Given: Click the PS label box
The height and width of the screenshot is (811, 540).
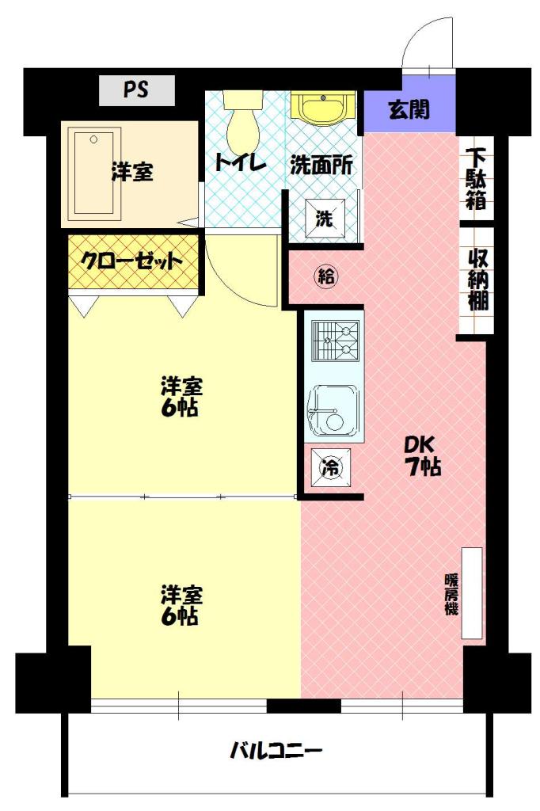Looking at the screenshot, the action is (136, 90).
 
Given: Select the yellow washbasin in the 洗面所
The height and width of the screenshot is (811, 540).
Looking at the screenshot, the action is (323, 108).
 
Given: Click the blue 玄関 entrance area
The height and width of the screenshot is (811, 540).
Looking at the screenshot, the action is (409, 109).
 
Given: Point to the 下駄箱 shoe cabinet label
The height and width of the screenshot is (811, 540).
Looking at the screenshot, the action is (476, 178).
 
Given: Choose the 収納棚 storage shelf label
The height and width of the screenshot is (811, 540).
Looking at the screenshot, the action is (477, 280).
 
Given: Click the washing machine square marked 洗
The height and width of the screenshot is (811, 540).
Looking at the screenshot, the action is (325, 219).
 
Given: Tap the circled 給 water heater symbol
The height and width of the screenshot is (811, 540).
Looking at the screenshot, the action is (326, 276).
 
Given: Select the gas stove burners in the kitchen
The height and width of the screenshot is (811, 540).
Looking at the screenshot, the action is (335, 341).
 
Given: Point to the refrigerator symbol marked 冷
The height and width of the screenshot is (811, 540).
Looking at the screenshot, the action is (331, 467).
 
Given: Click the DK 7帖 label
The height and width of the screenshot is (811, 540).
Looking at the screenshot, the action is (422, 455).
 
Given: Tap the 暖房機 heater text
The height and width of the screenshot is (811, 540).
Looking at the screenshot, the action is (451, 594).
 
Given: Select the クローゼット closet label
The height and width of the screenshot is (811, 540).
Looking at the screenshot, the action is (132, 261).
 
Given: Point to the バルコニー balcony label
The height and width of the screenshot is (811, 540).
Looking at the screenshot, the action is (276, 750).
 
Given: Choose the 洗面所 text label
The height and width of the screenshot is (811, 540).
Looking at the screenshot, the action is (321, 165).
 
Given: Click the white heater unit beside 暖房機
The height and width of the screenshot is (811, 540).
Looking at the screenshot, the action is (472, 592).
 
